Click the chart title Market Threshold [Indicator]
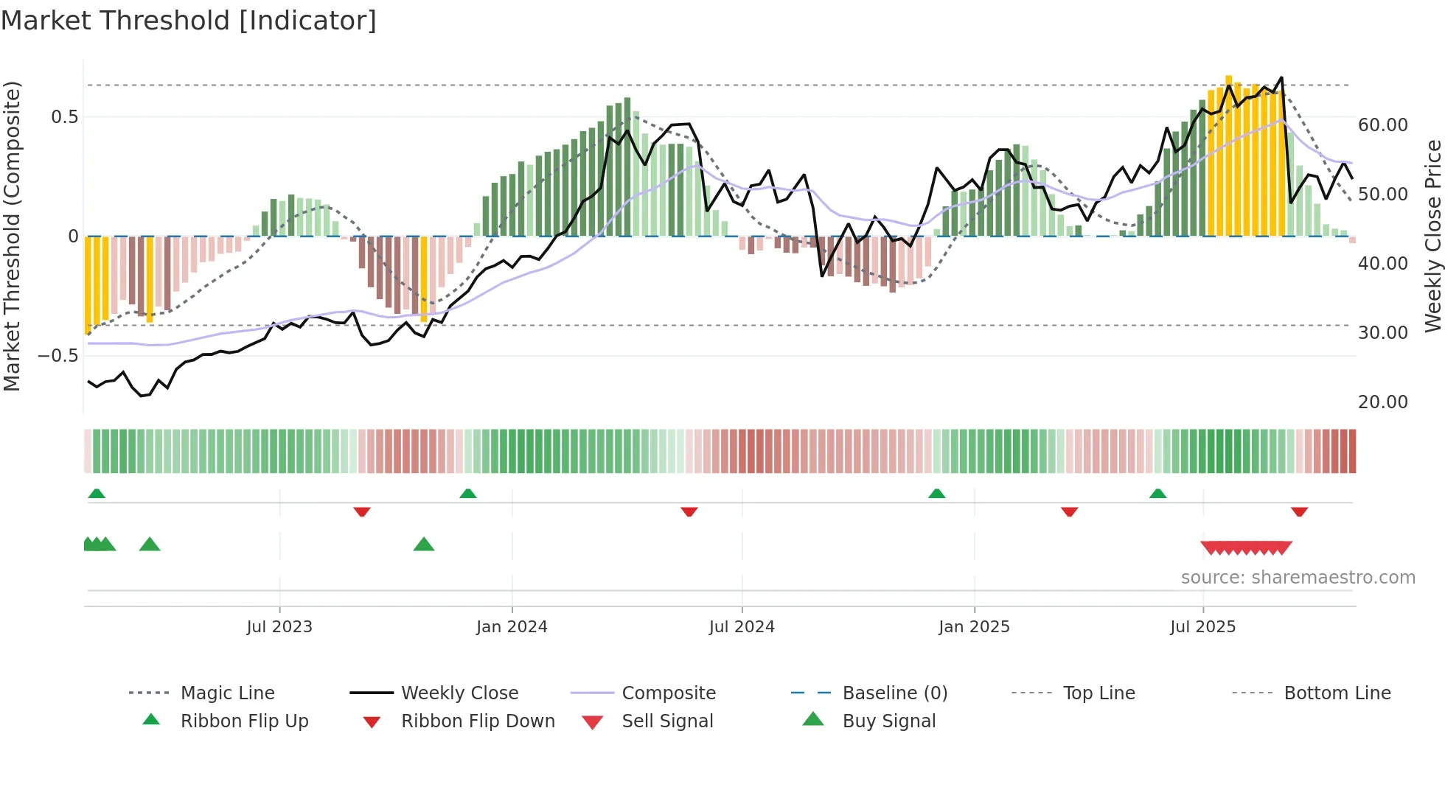point(189,21)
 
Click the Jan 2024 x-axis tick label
point(512,626)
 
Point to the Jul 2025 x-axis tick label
point(1202,626)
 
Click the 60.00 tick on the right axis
point(1382,125)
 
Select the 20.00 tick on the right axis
point(1382,402)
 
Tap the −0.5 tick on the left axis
point(58,355)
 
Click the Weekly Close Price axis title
point(1432,236)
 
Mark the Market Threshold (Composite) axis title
point(12,236)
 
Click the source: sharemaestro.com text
point(1298,577)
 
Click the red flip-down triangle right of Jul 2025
point(1299,511)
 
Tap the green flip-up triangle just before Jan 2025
point(936,493)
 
